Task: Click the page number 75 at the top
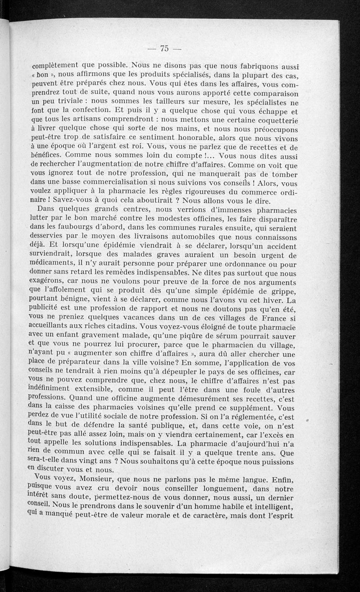point(164,49)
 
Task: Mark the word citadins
point(120,325)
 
